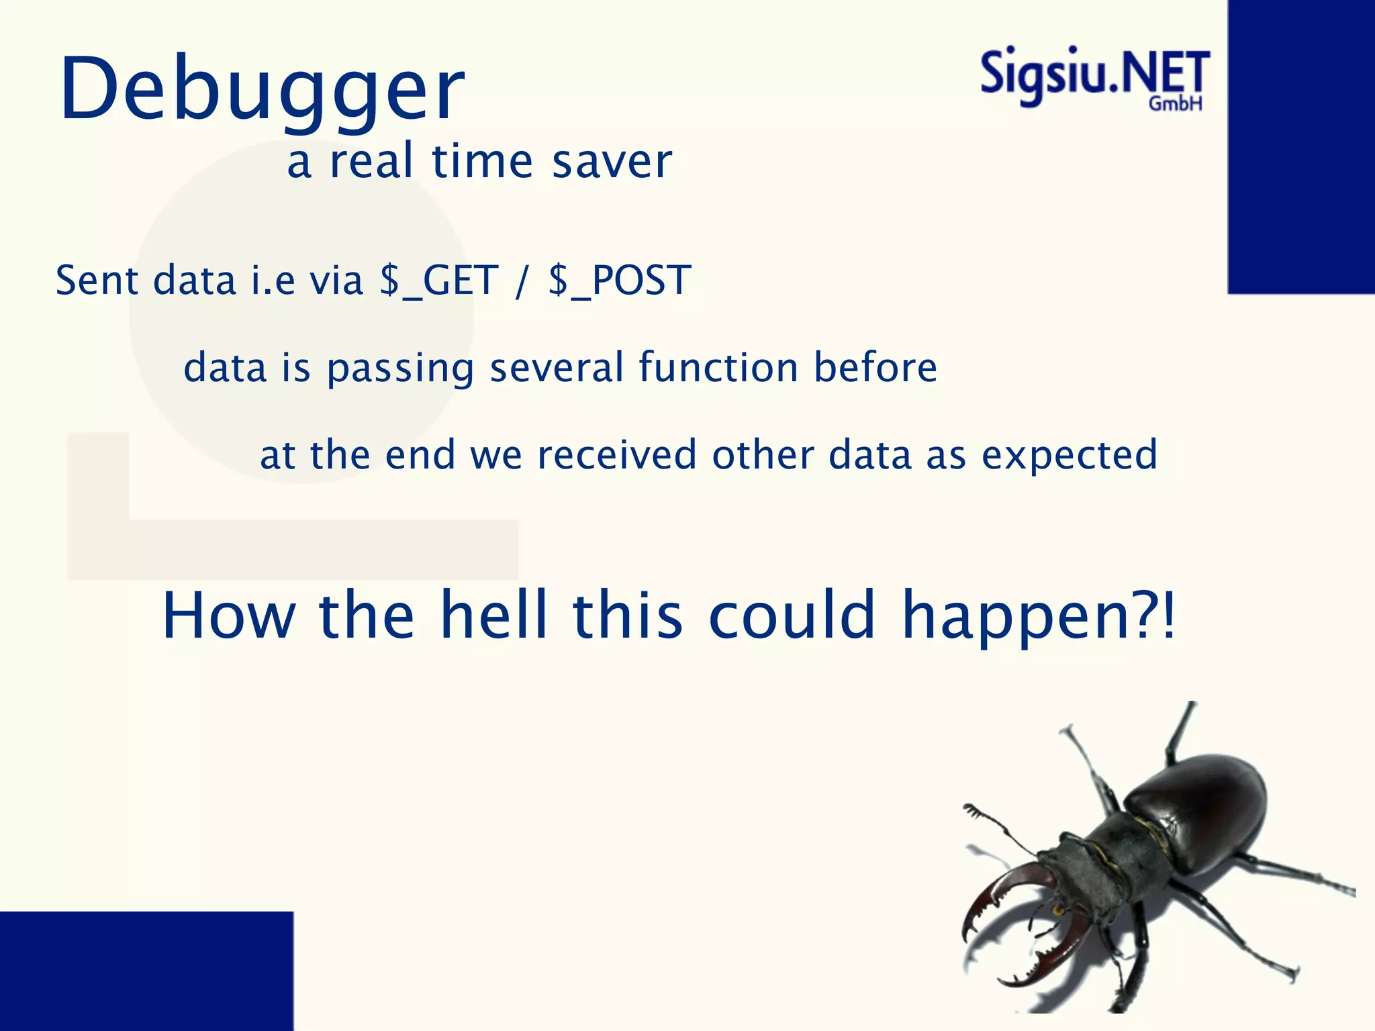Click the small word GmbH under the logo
[1175, 104]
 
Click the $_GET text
[439, 281]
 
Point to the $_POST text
[619, 281]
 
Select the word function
[718, 368]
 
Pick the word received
[617, 455]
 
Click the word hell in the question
[493, 615]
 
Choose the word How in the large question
[229, 616]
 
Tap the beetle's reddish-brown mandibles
[1014, 920]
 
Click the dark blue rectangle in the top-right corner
[1301, 146]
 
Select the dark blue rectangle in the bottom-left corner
[146, 971]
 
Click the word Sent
[97, 281]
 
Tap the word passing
[400, 369]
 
